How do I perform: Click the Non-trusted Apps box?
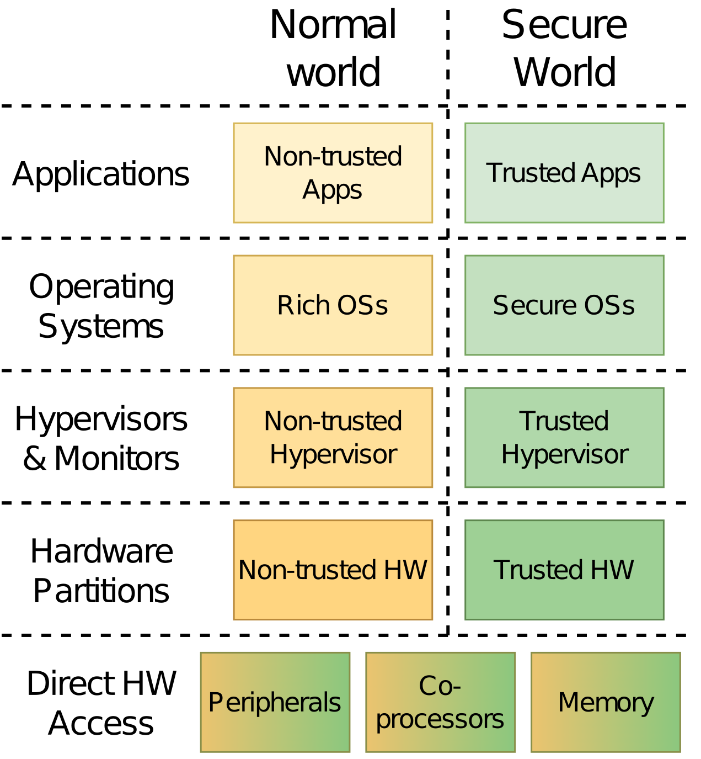coord(333,173)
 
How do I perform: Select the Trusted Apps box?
coord(564,173)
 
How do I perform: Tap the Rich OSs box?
coord(333,305)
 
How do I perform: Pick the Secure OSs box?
coord(564,305)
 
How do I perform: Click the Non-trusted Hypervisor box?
coord(333,438)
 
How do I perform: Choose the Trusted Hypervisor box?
coord(564,438)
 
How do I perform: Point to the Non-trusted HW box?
coord(333,570)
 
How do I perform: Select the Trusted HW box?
coord(564,570)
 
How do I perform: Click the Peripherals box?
coord(275,702)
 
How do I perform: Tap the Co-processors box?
coord(440,702)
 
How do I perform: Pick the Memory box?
coord(606,702)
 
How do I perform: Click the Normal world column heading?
coord(333,49)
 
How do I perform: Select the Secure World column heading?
coord(564,49)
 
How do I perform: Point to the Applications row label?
coord(101,174)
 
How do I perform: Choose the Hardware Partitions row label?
coord(101,571)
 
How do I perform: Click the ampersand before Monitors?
coord(34,458)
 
